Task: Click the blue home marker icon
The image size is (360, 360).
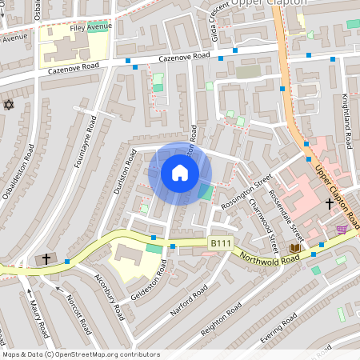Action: tap(179, 172)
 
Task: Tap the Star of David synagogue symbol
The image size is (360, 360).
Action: tap(10, 105)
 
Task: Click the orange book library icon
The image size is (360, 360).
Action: tap(294, 248)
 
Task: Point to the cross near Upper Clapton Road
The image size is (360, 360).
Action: tap(329, 204)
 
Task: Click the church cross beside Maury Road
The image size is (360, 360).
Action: tap(46, 258)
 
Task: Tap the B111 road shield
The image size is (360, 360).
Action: tap(220, 242)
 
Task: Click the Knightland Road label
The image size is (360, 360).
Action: tap(346, 120)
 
